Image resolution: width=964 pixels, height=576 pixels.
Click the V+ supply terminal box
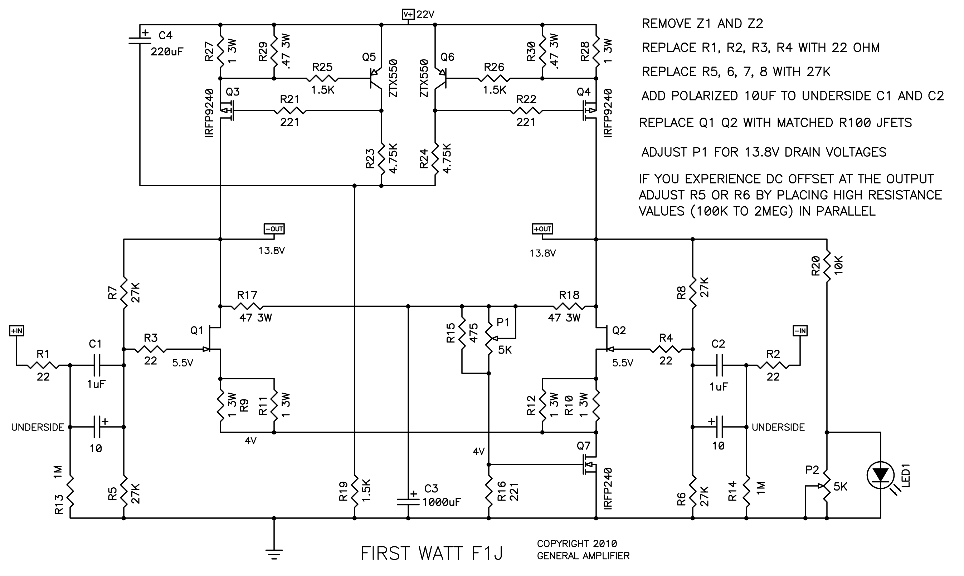click(x=409, y=14)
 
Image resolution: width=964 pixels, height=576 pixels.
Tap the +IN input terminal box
click(x=17, y=331)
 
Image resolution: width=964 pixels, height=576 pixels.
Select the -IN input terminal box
click(x=800, y=331)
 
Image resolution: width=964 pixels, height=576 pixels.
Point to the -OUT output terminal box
click(x=274, y=229)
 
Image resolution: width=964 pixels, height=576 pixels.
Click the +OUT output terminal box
click(x=542, y=229)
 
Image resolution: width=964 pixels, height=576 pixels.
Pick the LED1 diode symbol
click(x=881, y=475)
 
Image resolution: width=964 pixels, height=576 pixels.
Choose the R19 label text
click(x=344, y=492)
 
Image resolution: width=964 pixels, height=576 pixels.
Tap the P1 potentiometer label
click(x=503, y=322)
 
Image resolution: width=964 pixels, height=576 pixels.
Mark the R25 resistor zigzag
click(x=322, y=79)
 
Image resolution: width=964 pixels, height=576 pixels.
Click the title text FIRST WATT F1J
click(x=432, y=553)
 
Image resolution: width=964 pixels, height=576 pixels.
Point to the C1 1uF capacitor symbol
click(x=96, y=365)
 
